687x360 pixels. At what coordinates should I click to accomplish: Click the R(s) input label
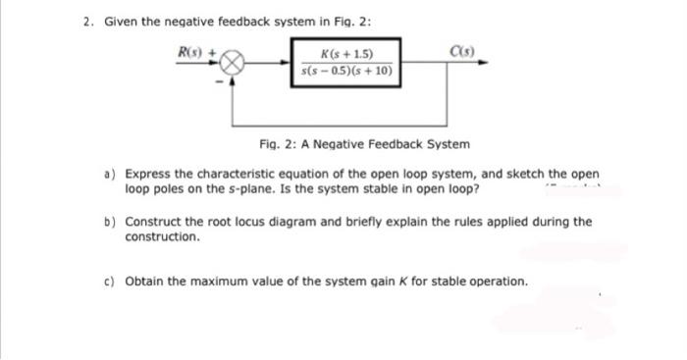tap(186, 51)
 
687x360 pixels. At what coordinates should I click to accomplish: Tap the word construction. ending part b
tap(164, 236)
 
